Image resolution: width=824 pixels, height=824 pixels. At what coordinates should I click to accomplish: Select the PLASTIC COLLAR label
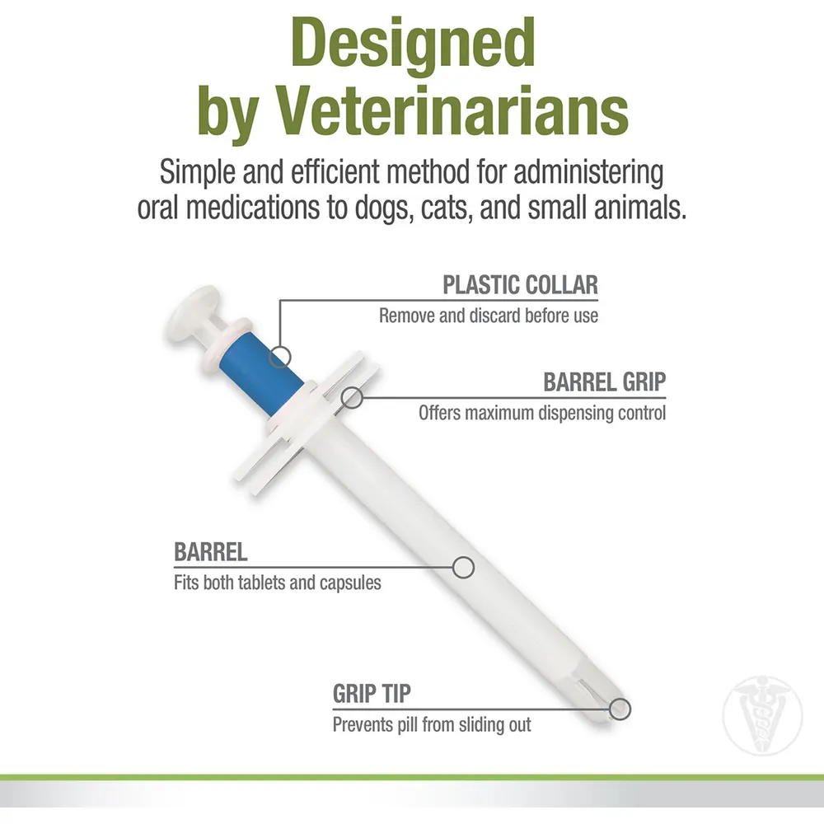pos(520,285)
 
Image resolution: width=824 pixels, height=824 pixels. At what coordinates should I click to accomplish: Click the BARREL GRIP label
pos(604,382)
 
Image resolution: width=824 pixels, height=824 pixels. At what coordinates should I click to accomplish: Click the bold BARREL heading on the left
pos(211,552)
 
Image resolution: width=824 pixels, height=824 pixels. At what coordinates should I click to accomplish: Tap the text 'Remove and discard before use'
pos(489,316)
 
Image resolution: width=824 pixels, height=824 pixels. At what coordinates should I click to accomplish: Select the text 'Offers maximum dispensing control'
pos(541,412)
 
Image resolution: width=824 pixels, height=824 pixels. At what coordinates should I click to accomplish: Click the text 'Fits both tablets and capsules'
pos(278,583)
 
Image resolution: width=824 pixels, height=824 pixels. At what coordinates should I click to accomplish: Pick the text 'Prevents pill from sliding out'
pos(432,725)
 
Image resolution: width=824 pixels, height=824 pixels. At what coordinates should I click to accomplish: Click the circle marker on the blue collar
pos(280,356)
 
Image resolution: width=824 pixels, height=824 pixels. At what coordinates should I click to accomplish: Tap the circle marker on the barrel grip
pos(353,397)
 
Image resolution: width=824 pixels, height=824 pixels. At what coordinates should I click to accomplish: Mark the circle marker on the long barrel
pos(464,566)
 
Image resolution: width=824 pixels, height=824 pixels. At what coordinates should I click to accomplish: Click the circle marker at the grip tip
pos(620,708)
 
